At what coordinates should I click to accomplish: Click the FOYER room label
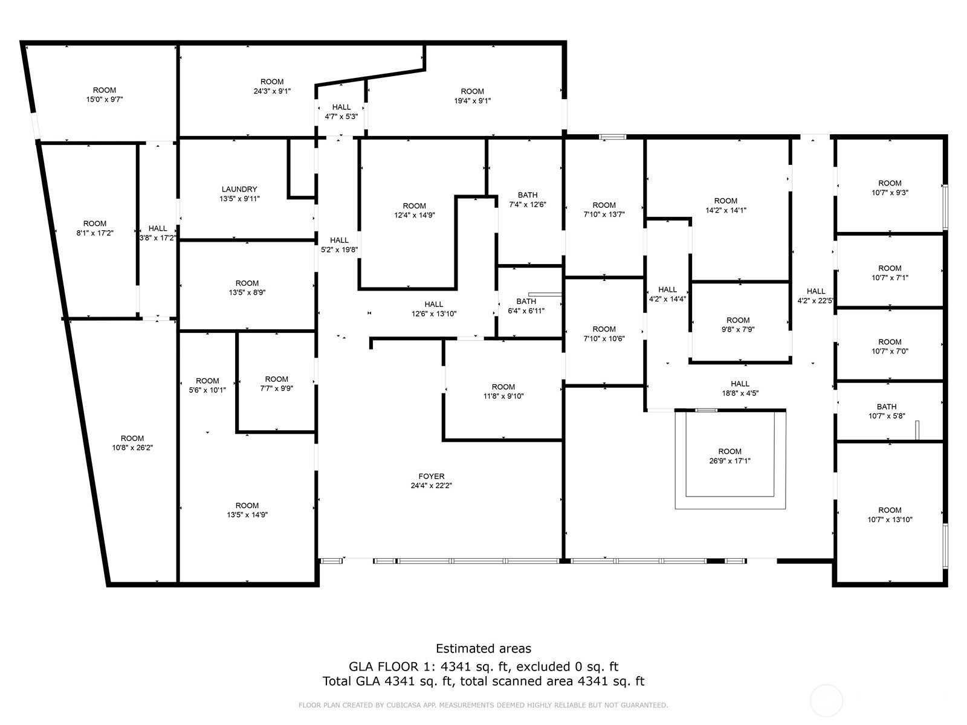click(432, 476)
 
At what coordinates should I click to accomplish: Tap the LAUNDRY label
click(239, 189)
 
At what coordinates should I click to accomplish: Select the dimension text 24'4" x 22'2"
click(432, 486)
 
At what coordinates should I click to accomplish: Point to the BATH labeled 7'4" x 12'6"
click(528, 195)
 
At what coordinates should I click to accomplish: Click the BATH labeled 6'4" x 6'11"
click(526, 301)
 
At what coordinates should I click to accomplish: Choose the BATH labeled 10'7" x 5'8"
click(887, 407)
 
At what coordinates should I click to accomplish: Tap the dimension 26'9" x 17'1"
click(729, 461)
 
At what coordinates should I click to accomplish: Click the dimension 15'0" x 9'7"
click(105, 100)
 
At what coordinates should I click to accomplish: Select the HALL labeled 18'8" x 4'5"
click(740, 384)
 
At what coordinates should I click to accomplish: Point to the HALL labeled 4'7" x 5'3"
click(341, 107)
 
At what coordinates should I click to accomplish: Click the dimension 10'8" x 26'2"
click(132, 448)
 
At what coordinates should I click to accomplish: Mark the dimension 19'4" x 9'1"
click(472, 101)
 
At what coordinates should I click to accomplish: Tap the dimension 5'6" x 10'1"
click(207, 390)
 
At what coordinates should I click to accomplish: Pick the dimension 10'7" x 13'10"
click(890, 520)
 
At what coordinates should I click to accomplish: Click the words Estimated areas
click(483, 648)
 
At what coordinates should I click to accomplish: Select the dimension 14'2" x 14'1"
click(726, 210)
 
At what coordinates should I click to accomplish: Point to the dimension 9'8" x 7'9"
click(738, 329)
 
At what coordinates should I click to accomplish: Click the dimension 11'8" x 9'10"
click(503, 396)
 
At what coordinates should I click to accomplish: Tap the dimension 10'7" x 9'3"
click(890, 192)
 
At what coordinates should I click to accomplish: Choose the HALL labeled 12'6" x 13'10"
click(433, 304)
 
